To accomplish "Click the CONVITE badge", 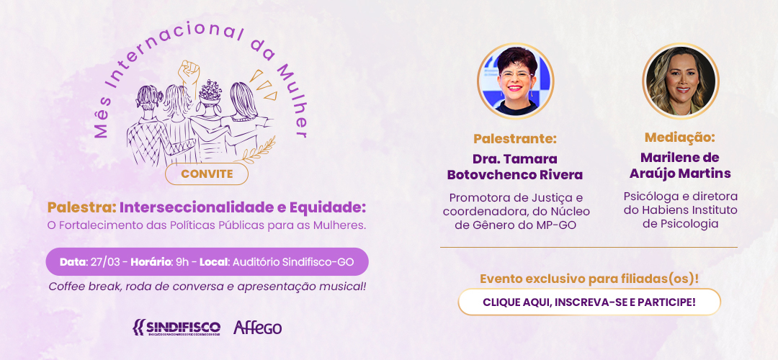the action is coord(207,174).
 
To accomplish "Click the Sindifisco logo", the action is coord(176,328).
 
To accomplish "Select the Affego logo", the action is coord(257,328).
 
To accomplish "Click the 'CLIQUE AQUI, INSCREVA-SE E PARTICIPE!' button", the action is coord(589,302).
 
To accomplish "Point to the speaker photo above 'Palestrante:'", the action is coord(516,81).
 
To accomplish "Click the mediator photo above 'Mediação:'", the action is coord(681,81).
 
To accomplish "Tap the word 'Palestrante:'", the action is coord(515,138).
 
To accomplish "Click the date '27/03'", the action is coord(105,262).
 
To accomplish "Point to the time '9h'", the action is coord(182,262).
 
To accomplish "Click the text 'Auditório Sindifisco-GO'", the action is coord(292,262).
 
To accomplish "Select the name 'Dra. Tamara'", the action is coord(515,159).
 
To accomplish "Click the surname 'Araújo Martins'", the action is coord(680,174).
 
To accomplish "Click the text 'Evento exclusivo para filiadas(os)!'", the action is coord(589,279).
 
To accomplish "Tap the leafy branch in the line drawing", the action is coord(259,150).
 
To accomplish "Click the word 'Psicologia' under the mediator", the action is coord(680,224).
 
